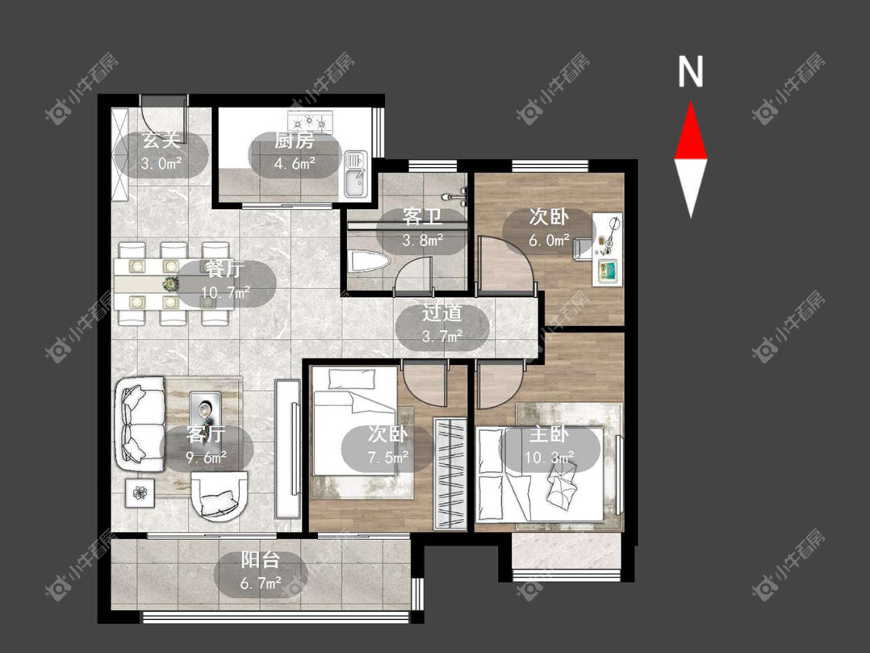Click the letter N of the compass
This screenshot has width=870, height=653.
[x=691, y=71]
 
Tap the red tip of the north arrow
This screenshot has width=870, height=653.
[x=691, y=101]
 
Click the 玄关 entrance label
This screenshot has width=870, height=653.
[x=162, y=140]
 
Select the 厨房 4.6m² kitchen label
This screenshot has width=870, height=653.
[x=295, y=152]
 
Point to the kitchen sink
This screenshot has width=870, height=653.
[x=355, y=174]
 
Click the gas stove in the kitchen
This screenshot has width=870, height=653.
[x=310, y=121]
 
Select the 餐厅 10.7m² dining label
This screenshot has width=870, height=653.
[x=225, y=281]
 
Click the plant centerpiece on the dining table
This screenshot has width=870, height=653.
[x=170, y=284]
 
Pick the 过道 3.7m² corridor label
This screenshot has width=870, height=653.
[x=442, y=325]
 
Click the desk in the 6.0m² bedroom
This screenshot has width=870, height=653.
[x=607, y=249]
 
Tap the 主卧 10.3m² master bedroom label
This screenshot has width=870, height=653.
[x=549, y=446]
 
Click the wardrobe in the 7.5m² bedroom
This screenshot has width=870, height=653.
[x=450, y=473]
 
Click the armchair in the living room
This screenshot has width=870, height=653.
[x=220, y=497]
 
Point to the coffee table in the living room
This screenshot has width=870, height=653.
[x=205, y=410]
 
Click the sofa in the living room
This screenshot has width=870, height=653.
[x=140, y=424]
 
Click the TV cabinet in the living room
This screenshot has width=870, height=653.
[x=288, y=447]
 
